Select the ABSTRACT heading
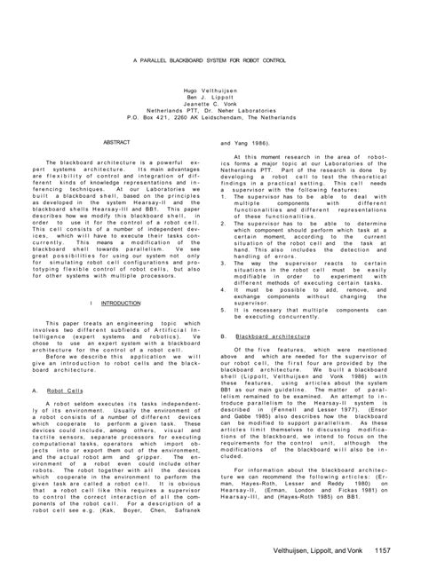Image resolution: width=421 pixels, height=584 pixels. coord(117,142)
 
